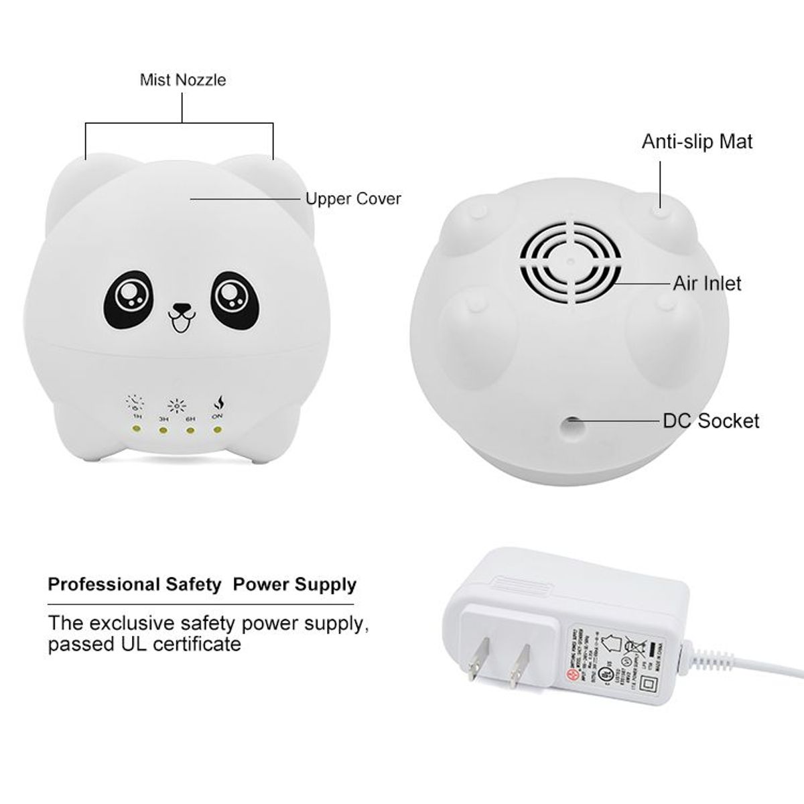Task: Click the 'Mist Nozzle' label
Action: (x=183, y=80)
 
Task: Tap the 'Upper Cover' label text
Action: (x=353, y=199)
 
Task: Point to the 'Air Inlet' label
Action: (x=708, y=283)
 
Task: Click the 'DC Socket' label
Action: (x=711, y=421)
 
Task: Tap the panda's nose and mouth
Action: (x=180, y=316)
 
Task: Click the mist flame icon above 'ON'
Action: (x=218, y=404)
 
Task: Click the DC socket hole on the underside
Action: (x=571, y=423)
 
